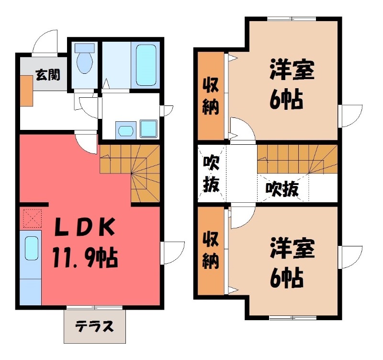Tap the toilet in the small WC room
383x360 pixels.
point(85,60)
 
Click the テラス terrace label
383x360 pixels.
point(95,328)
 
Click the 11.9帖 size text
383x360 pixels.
point(86,259)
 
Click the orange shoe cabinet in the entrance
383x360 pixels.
point(26,91)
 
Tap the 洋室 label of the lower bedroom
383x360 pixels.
point(292,249)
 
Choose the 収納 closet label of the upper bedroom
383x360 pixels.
point(211,96)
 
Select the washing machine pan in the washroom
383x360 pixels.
point(148,128)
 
